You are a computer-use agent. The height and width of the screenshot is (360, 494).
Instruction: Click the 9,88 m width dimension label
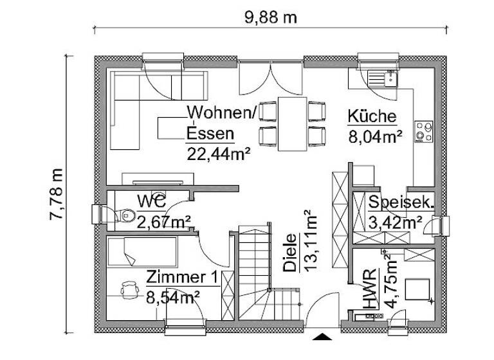coord(270,17)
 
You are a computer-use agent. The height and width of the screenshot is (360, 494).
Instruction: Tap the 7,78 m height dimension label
coord(57,194)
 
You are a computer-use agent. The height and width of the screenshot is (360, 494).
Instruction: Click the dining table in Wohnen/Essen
coord(292,123)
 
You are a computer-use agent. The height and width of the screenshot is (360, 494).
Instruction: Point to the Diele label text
coord(291,253)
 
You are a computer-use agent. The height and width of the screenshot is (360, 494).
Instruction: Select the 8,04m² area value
coord(376,135)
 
